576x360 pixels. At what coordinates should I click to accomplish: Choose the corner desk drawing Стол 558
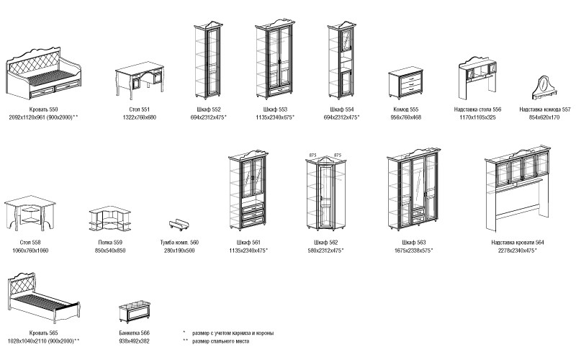pyautogui.click(x=30, y=213)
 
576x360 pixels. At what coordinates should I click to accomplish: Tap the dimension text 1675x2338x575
pyautogui.click(x=413, y=251)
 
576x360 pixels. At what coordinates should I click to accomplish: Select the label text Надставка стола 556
pyautogui.click(x=477, y=109)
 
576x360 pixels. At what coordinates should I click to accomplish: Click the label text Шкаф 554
pyautogui.click(x=343, y=109)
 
